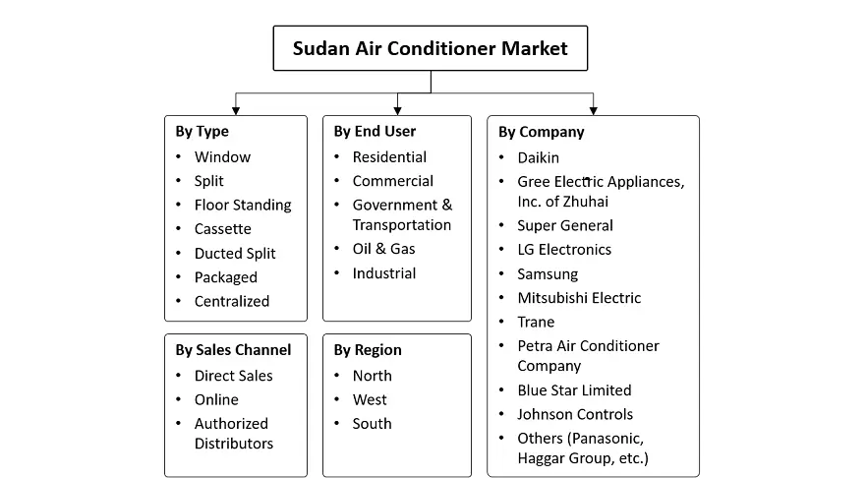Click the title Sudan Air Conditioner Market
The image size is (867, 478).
tap(431, 49)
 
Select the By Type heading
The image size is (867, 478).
tap(202, 132)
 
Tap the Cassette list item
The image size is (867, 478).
tap(223, 229)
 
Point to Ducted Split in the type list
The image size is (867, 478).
tap(235, 254)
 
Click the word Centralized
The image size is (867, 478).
tap(232, 302)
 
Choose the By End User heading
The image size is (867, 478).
tap(375, 131)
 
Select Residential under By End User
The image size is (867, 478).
tap(389, 157)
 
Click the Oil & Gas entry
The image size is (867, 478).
tap(383, 249)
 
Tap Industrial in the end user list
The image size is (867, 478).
tap(384, 273)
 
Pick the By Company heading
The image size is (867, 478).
tap(542, 132)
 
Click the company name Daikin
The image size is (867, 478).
tap(538, 158)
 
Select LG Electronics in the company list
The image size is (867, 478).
tap(564, 250)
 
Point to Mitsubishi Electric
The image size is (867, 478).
tap(580, 298)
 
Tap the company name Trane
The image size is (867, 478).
tap(536, 322)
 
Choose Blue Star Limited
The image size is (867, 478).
tap(574, 390)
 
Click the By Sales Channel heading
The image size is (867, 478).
tap(233, 350)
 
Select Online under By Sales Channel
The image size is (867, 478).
tap(216, 400)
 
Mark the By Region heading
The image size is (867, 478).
tap(368, 350)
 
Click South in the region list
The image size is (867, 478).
tap(373, 424)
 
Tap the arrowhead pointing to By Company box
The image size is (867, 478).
tap(594, 111)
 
